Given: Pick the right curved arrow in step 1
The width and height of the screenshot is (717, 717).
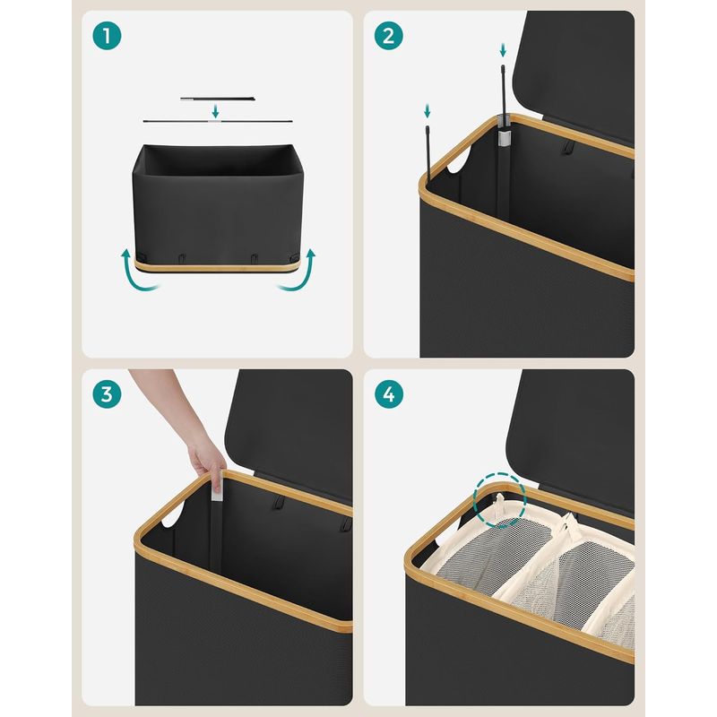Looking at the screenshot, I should [302, 274].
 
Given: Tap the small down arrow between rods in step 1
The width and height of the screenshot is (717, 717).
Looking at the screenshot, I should [215, 110].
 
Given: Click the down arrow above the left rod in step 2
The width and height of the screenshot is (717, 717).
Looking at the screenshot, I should [428, 111].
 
